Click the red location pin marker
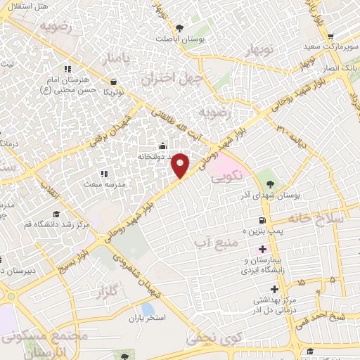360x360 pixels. point(181,165)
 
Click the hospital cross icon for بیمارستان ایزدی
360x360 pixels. point(262,249)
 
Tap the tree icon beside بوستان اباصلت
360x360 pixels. point(181,29)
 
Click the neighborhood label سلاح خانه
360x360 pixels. point(328,218)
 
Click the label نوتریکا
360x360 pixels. point(113,92)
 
